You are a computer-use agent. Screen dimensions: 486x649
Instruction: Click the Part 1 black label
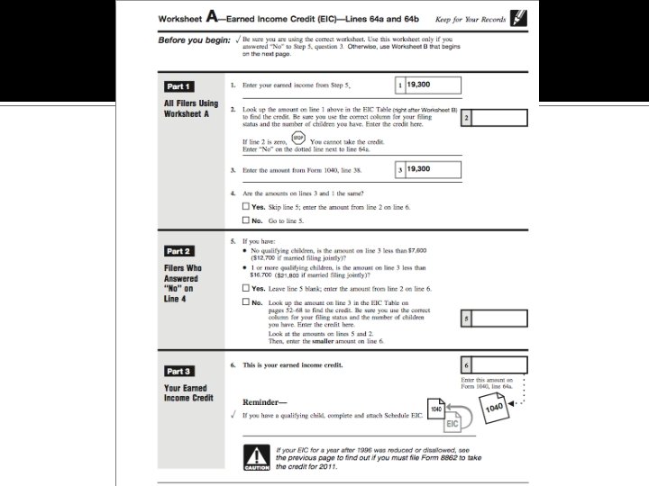pos(178,86)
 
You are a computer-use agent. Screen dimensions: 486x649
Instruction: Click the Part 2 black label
pos(178,251)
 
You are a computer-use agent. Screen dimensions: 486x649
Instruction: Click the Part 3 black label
pos(178,371)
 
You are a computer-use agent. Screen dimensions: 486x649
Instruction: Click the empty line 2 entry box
pos(498,118)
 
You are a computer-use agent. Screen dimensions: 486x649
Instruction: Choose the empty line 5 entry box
pos(498,318)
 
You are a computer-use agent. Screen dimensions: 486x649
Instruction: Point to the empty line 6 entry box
pos(498,365)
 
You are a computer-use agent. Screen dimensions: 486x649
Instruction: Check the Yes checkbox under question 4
pos(246,206)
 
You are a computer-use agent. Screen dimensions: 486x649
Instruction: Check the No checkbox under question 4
pos(246,220)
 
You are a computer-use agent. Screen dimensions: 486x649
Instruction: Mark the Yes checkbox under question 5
pos(246,288)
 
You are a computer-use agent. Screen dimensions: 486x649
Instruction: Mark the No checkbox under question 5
pos(246,303)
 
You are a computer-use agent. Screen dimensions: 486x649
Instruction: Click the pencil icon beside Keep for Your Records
pos(519,17)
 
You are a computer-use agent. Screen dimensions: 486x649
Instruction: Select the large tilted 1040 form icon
pos(495,408)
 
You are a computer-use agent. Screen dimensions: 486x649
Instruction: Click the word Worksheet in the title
pos(180,18)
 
